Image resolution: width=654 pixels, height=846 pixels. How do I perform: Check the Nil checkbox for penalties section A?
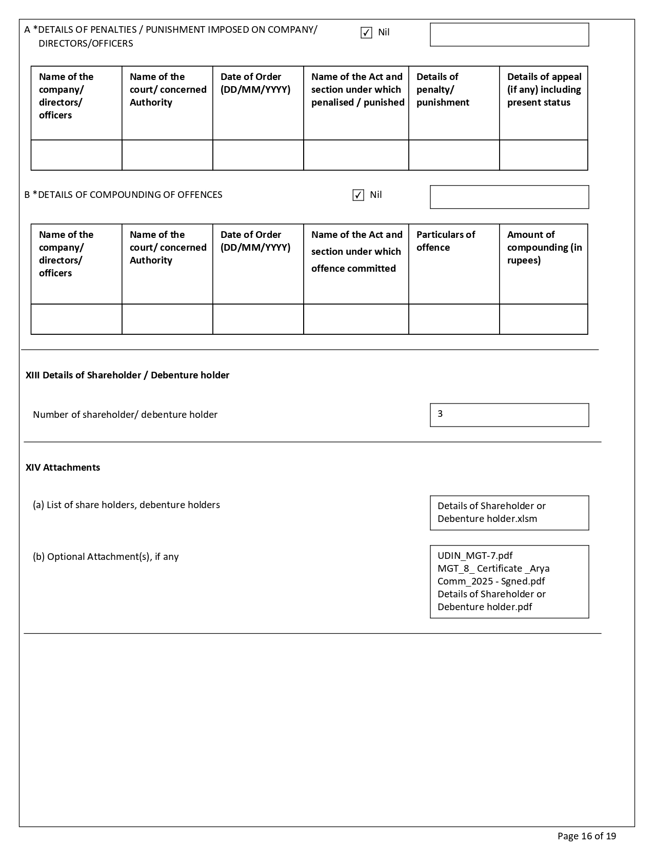point(366,33)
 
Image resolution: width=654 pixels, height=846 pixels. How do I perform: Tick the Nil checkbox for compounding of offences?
point(358,195)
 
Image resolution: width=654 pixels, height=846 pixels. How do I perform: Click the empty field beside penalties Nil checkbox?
point(509,35)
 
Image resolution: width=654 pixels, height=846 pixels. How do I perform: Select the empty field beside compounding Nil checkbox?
point(509,197)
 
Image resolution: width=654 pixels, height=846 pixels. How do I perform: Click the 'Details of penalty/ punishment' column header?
point(443,90)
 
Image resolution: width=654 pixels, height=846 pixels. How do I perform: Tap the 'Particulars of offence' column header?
point(445,241)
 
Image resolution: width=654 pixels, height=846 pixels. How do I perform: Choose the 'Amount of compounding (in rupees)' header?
point(544,247)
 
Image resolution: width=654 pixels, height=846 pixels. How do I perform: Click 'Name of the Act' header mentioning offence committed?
point(356,251)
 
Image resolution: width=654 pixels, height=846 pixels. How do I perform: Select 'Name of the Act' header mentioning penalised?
point(357,90)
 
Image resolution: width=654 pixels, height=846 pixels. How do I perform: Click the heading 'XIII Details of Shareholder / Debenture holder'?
point(127,375)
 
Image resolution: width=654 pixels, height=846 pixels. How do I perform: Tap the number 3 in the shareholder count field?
point(440,414)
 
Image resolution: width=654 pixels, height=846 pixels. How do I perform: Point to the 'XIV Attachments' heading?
point(63,468)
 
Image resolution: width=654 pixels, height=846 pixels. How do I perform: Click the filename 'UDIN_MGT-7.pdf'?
point(475,556)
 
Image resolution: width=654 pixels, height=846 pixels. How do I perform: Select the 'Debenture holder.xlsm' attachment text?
point(487,519)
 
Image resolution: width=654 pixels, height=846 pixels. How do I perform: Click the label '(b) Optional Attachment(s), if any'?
point(106,557)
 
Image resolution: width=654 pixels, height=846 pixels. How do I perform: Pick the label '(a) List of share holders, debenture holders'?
point(126,505)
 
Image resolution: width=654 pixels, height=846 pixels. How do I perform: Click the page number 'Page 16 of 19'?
point(586,836)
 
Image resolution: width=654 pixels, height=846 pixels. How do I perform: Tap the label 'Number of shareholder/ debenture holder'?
point(125,415)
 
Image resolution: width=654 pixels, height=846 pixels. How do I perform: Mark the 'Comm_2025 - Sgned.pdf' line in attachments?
point(491,581)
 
